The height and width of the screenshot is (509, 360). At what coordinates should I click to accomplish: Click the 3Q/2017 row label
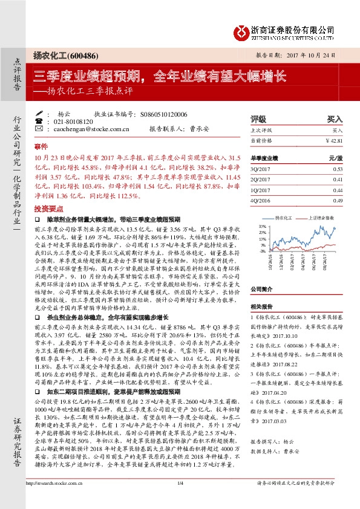260,170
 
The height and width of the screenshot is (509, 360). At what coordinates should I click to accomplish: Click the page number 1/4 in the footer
180,500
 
